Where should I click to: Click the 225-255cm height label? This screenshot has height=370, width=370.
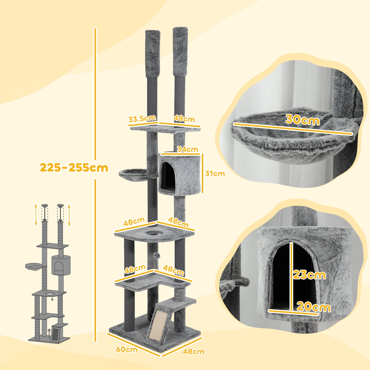coord(74,168)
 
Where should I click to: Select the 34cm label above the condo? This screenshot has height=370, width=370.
coord(187,149)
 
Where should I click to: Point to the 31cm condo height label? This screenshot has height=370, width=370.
coord(215,174)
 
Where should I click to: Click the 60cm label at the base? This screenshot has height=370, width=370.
coord(126,350)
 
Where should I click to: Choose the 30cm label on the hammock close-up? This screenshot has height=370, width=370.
coord(302,120)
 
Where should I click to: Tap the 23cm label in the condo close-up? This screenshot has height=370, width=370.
coord(309,275)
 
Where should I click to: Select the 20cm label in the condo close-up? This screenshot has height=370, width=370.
coord(313,307)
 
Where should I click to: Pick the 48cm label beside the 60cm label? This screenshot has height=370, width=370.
coord(193,352)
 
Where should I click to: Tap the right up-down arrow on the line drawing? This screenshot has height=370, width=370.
coord(69,215)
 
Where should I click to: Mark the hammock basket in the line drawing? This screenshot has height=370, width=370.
coord(34,266)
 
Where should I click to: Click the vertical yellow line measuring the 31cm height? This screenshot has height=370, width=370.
coord(203,173)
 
